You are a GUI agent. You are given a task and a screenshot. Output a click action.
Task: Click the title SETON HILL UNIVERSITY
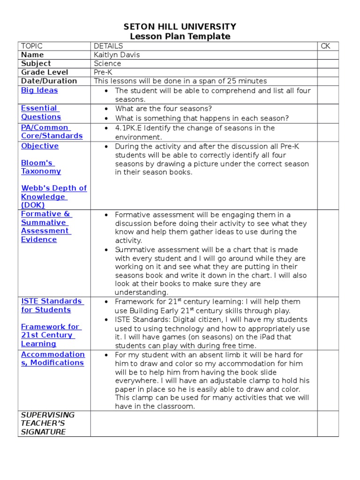point(180,27)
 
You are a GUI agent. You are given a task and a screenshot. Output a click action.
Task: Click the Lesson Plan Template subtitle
point(180,37)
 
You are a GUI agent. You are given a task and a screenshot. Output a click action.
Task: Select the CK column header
point(326,46)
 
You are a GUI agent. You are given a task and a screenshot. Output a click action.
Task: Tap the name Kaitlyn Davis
point(117,55)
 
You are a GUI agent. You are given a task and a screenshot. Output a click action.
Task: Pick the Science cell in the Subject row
point(107,63)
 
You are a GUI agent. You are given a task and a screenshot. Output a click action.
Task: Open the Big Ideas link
point(39,90)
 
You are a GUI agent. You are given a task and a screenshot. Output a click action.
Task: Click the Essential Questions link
point(41,112)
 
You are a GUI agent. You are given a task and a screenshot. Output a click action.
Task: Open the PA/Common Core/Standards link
point(52,132)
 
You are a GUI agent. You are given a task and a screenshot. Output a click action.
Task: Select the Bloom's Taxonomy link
point(41,167)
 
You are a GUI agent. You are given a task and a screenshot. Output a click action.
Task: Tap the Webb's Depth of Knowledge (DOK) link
point(53,196)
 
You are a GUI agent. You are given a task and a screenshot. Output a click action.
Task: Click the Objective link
point(40,146)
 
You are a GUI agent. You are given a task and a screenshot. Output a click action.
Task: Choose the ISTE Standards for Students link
point(52,305)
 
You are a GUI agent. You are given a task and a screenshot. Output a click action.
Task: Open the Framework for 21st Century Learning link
point(50,335)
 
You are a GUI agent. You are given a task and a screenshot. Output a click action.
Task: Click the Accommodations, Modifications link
point(52,359)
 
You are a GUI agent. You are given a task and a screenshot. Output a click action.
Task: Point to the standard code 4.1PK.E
point(131,128)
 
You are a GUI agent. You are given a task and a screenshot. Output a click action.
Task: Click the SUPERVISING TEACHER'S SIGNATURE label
point(47,423)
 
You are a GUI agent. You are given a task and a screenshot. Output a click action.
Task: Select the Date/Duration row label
point(49,81)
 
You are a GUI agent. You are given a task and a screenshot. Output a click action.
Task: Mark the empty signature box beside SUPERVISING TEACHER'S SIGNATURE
point(203,423)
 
